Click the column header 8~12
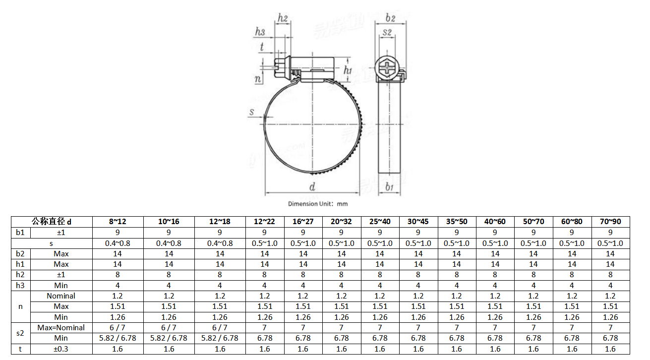(x=118, y=222)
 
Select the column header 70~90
(x=610, y=222)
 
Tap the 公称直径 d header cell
(x=52, y=222)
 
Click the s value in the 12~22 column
(x=264, y=243)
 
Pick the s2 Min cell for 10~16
(x=169, y=338)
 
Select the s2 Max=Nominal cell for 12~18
(x=220, y=328)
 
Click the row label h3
(x=20, y=286)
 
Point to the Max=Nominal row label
(x=61, y=328)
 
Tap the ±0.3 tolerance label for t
(x=61, y=349)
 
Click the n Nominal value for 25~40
(x=380, y=296)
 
